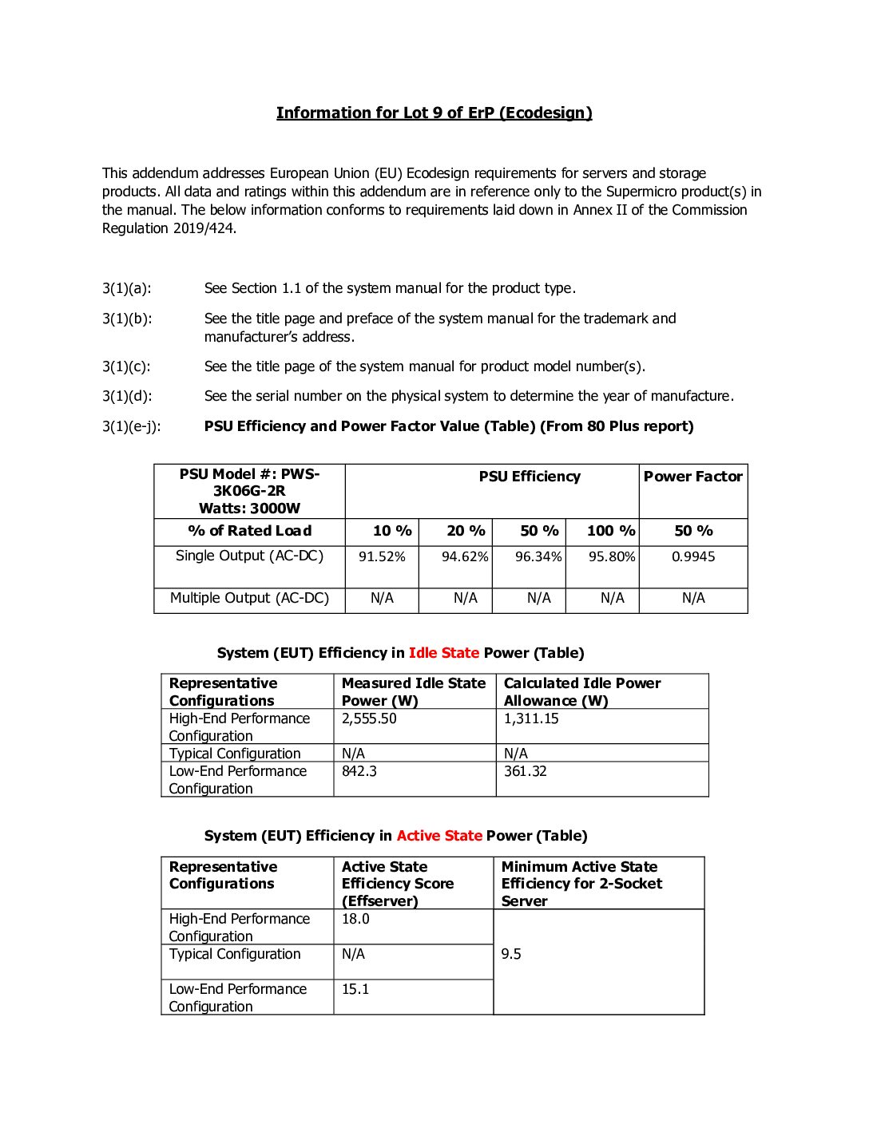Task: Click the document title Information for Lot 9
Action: [x=434, y=113]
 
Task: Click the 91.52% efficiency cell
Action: [x=382, y=556]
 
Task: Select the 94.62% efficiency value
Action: [x=465, y=556]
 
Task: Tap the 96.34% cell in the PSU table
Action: [x=538, y=556]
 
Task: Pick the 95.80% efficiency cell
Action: [x=612, y=556]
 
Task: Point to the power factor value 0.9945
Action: [x=693, y=556]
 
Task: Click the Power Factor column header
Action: [x=693, y=477]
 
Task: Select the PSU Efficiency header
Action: [x=530, y=477]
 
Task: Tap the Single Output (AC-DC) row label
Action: [x=249, y=556]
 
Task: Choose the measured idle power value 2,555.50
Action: [x=369, y=718]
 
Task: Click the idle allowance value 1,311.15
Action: [x=531, y=718]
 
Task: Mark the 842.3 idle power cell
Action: [x=359, y=771]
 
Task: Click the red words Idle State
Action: [x=444, y=653]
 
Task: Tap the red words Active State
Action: [x=439, y=836]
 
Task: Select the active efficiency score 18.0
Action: [x=355, y=919]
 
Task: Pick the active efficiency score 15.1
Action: [x=355, y=989]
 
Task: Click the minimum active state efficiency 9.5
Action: [x=511, y=954]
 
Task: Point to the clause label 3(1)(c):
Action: [x=126, y=366]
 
